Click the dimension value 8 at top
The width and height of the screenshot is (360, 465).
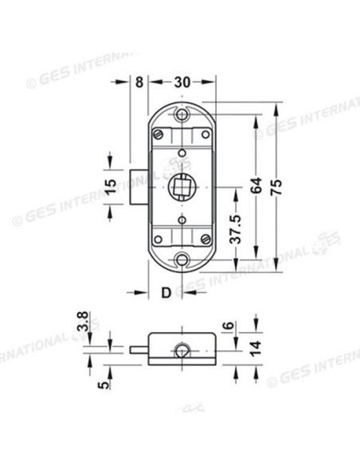(139, 82)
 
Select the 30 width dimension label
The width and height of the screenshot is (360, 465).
(182, 82)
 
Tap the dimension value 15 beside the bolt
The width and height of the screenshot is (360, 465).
(112, 186)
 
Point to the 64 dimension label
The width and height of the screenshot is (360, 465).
(256, 185)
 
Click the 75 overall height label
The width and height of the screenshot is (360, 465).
(276, 187)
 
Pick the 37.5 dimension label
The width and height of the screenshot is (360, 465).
(237, 229)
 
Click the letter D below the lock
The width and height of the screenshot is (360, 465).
(166, 293)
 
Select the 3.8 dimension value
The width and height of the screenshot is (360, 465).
(83, 322)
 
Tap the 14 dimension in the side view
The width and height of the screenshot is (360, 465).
(256, 348)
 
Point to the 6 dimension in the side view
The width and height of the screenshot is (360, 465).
(229, 326)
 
